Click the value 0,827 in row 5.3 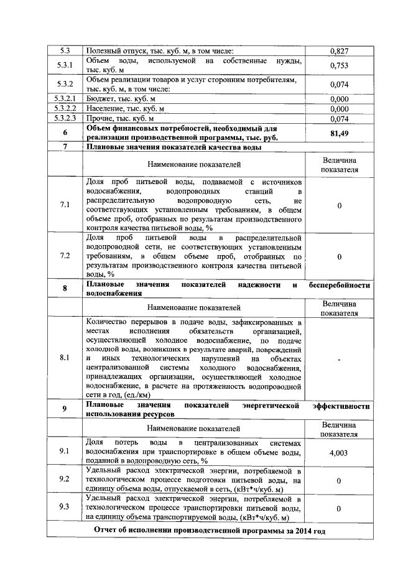[338, 50]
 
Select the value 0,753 [338, 65]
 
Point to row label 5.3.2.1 [65, 98]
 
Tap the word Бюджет [101, 98]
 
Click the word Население [106, 108]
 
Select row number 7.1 [65, 205]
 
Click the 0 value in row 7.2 [338, 256]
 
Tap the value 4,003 [338, 452]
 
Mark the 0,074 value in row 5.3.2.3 [338, 118]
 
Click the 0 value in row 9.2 [338, 480]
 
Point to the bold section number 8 [65, 289]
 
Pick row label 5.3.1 [65, 65]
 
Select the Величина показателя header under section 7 [338, 164]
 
